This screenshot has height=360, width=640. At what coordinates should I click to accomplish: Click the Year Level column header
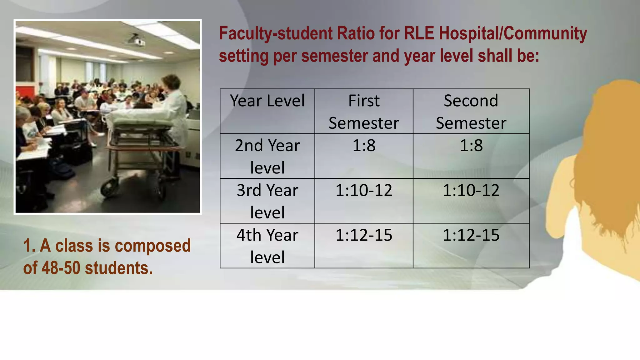267,101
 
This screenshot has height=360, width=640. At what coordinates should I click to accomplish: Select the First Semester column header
364,112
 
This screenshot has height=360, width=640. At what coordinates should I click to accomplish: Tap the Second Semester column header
471,112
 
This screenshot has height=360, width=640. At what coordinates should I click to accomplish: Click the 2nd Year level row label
267,156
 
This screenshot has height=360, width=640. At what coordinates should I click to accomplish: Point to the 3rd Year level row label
267,201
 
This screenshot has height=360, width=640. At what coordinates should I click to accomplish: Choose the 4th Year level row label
267,246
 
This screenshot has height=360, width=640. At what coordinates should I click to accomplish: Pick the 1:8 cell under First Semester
364,146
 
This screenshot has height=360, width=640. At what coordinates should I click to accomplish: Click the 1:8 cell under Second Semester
471,146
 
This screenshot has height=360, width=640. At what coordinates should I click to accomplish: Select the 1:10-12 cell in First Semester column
364,190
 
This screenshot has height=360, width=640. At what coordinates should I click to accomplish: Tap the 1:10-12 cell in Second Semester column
471,190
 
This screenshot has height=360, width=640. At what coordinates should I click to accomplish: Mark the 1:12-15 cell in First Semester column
364,235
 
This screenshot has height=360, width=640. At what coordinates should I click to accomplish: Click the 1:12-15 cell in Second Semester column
471,235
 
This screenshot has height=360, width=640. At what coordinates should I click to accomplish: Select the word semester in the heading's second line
334,56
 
